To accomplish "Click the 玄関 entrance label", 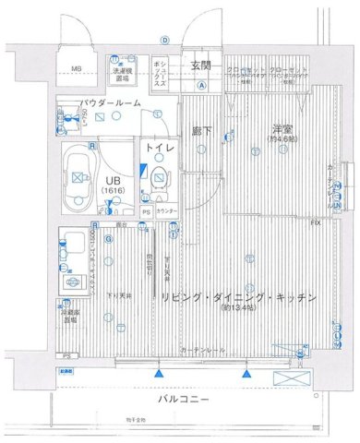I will (201, 65).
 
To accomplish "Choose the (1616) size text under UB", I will (113, 193).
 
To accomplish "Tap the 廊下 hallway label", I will (202, 132).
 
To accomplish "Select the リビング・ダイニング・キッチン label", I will (238, 297).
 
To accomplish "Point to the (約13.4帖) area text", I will (238, 310).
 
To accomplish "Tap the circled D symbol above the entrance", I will (164, 40).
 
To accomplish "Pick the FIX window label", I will (316, 224).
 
